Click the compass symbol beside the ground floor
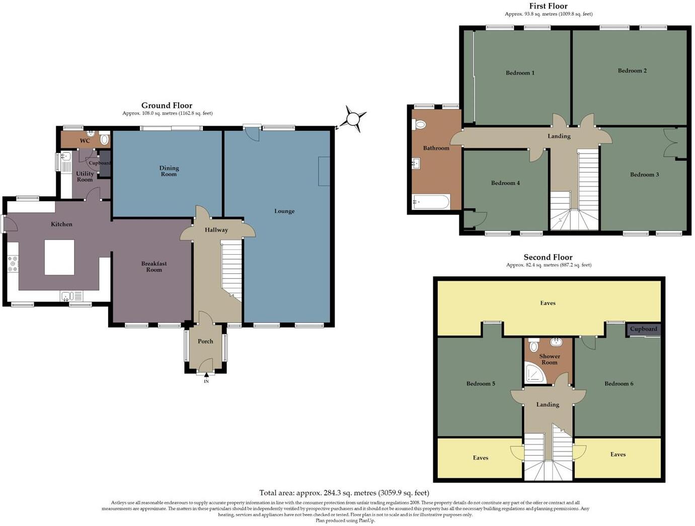pos(353,119)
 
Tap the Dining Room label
pos(169,171)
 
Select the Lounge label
pos(284,211)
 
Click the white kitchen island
pos(59,257)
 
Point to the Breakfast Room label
pos(154,267)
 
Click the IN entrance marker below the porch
pos(206,381)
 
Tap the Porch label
pos(205,341)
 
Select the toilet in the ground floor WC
pos(104,139)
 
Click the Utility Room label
pos(85,177)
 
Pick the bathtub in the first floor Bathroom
pos(430,202)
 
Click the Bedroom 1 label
pos(520,73)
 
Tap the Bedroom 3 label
pos(644,175)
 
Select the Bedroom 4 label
pos(505,183)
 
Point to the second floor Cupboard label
pos(643,329)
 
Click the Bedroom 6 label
pos(619,384)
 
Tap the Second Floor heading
pos(548,257)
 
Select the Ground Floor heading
pos(167,106)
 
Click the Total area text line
pos(344,493)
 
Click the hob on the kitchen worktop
pos(13,264)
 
